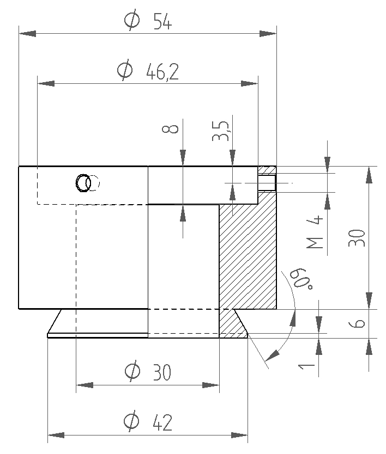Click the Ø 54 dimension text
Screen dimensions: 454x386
point(148,22)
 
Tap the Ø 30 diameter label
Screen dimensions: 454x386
point(148,372)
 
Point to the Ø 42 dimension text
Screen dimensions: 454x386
point(148,422)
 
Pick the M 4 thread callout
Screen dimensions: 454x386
point(316,233)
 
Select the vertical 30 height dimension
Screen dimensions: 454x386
point(357,238)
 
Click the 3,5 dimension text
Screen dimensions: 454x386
point(220,131)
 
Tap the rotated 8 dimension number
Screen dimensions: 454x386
point(171,129)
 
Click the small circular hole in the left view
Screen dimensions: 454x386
point(83,183)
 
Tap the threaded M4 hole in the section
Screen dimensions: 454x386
point(267,183)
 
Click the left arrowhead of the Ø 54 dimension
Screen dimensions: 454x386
point(27,34)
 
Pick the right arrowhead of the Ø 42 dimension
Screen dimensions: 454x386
point(240,435)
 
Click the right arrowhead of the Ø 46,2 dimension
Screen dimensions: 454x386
point(249,84)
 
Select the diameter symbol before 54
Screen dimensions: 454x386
point(131,21)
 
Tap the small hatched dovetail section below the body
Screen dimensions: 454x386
point(232,324)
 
